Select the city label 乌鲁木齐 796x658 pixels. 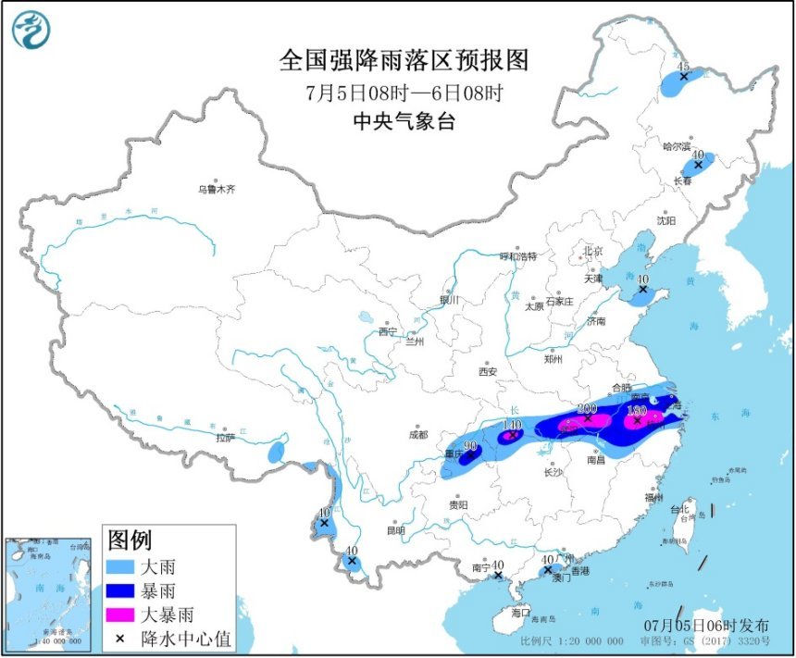[x=216, y=189]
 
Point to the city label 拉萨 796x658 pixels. [x=225, y=438]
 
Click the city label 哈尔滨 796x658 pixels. [x=678, y=146]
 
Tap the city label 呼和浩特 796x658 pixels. [x=518, y=255]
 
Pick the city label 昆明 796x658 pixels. [x=396, y=530]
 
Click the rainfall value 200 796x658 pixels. [x=587, y=407]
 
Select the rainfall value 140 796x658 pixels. [x=512, y=425]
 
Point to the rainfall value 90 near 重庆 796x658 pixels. [x=470, y=446]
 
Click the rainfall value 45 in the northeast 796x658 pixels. [x=684, y=67]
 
